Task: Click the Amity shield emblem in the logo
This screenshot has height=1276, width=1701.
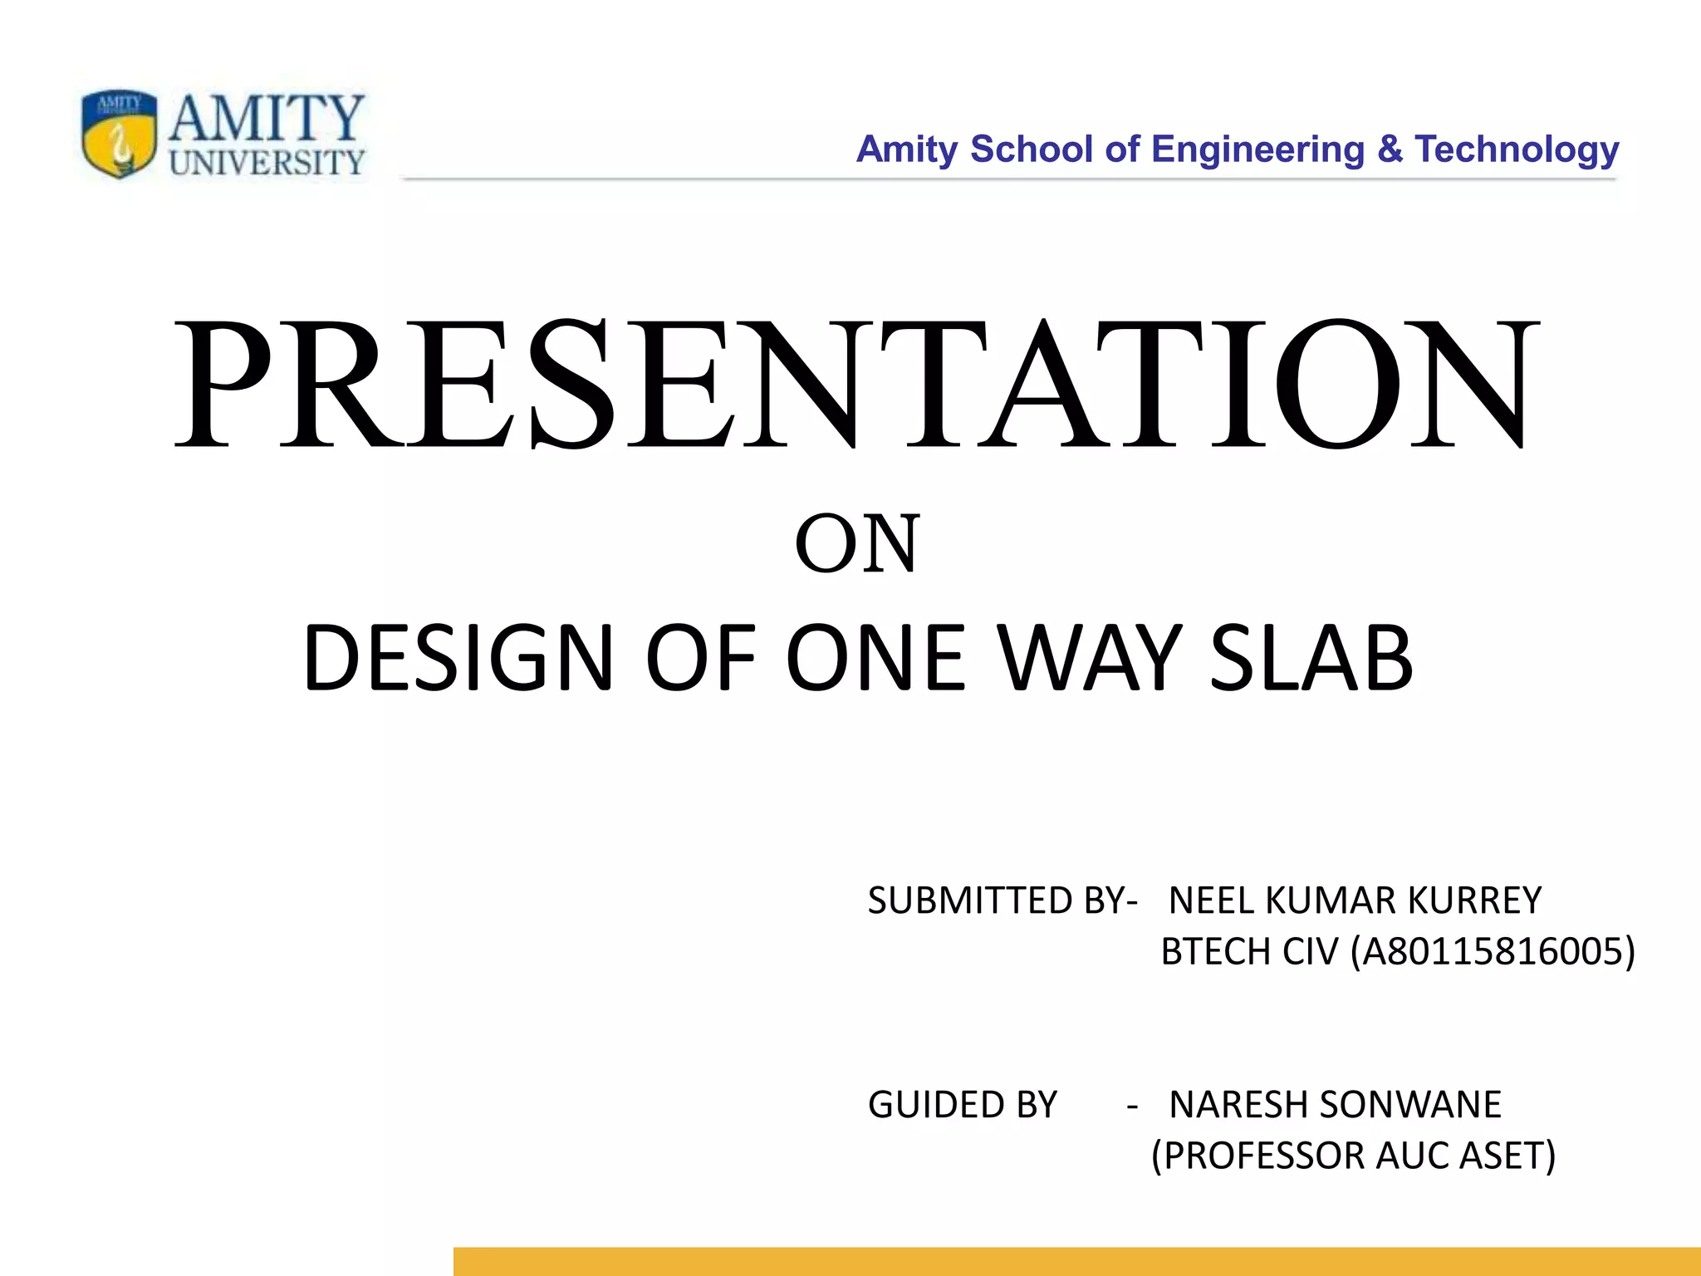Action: (119, 134)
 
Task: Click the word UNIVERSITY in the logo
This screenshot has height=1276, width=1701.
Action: (267, 162)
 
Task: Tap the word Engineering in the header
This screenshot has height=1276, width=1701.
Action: (1257, 150)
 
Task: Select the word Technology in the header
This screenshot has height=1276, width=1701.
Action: (1517, 150)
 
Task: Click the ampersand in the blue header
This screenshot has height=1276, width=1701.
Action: (1390, 150)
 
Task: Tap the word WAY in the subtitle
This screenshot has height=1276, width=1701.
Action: (1090, 658)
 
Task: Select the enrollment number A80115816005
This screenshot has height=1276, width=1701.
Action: (1492, 951)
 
